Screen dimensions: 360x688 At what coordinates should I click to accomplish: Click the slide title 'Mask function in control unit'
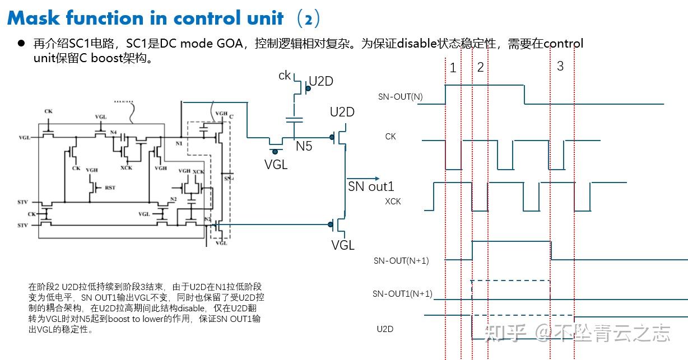tap(146, 18)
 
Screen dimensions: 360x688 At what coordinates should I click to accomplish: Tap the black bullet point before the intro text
tap(21, 44)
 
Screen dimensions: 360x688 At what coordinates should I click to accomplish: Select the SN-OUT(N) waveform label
tap(400, 97)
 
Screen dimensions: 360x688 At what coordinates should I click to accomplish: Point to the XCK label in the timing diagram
tap(393, 202)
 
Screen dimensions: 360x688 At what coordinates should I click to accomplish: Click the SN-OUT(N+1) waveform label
tap(401, 261)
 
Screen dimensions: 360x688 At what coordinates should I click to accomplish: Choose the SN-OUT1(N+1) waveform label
tap(402, 294)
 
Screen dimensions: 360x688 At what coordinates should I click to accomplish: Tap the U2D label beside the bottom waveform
tap(385, 329)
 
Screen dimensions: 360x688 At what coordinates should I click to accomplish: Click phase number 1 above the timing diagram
tap(453, 68)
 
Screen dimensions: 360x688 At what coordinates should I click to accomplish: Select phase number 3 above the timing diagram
tap(560, 66)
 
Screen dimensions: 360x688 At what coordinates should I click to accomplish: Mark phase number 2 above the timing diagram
tap(480, 68)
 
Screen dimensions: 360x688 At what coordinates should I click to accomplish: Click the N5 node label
tap(304, 147)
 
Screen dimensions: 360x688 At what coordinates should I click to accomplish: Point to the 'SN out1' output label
tap(371, 186)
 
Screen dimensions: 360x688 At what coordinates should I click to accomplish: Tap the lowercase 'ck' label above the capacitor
tap(285, 75)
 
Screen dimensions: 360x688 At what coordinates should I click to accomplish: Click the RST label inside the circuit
tap(110, 188)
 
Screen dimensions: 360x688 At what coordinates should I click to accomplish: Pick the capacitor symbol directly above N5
tap(294, 119)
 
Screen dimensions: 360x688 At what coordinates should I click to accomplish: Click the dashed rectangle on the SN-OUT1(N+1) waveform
tap(510, 290)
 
